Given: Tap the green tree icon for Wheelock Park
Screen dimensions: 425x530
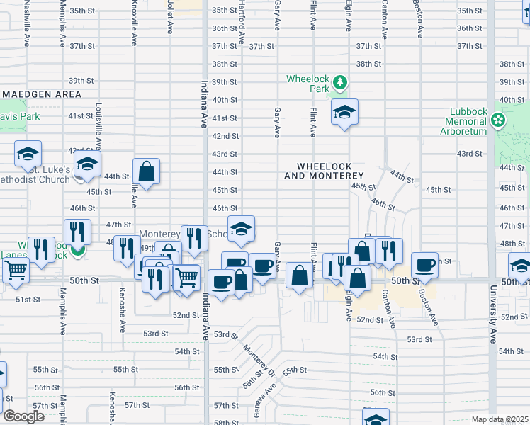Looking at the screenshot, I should tap(341, 84).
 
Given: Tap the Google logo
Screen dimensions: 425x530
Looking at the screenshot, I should tap(23, 416).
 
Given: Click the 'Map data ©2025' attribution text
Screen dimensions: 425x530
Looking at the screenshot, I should tap(499, 419).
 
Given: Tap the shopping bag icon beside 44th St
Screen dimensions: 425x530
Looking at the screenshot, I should tap(146, 171).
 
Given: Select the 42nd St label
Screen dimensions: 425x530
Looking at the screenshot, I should tap(225, 136).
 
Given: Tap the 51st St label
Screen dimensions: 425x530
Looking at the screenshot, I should tap(28, 300).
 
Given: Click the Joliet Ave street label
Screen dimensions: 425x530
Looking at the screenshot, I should tap(170, 18).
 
